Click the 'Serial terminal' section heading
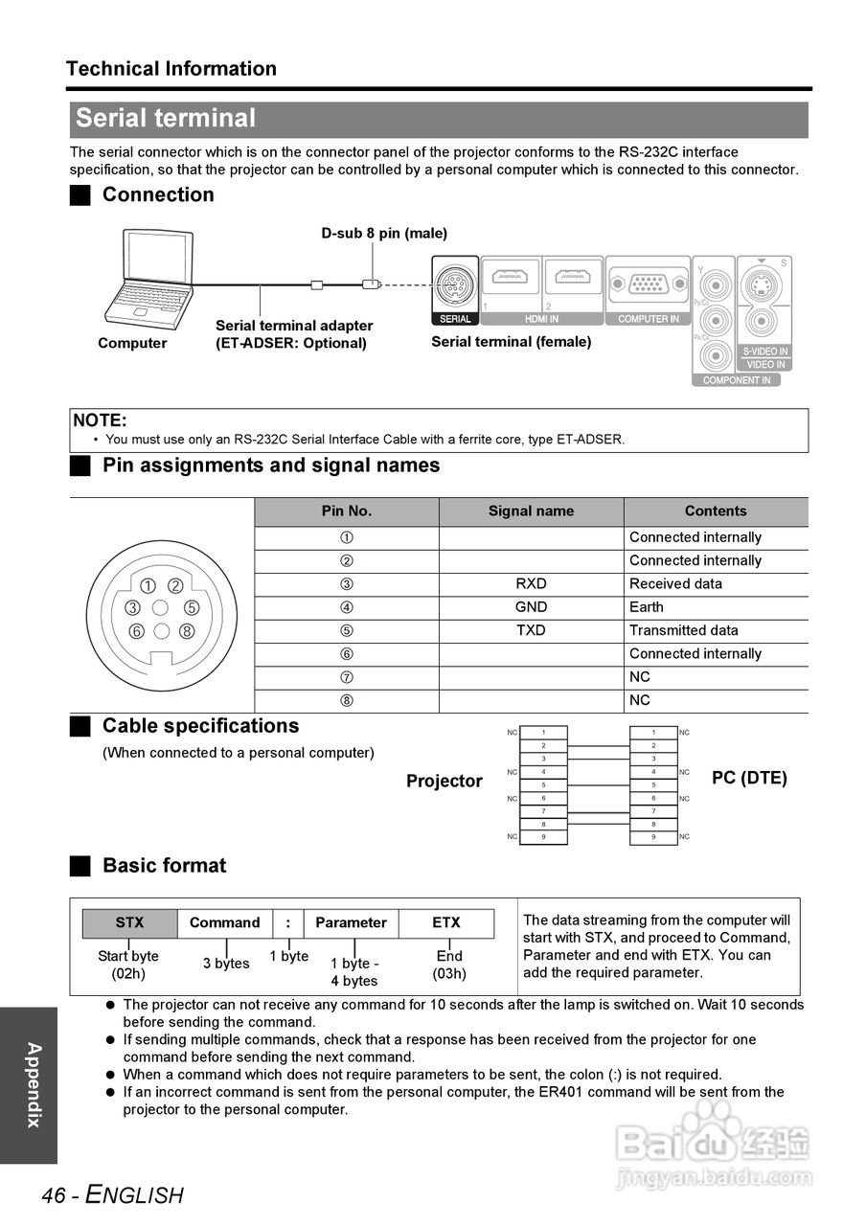[166, 119]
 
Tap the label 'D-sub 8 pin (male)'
[383, 233]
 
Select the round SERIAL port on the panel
[454, 284]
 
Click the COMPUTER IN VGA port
[649, 284]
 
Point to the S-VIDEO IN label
[764, 352]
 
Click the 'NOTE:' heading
[101, 420]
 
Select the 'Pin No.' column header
[346, 511]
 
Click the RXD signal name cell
[531, 584]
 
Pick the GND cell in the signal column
[531, 607]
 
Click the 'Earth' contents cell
[647, 607]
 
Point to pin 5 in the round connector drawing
[192, 607]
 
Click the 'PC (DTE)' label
[749, 778]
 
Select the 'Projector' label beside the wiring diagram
[444, 781]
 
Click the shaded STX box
[129, 923]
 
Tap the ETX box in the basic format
[445, 923]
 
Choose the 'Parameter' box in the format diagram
[351, 923]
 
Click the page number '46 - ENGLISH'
[112, 1194]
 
